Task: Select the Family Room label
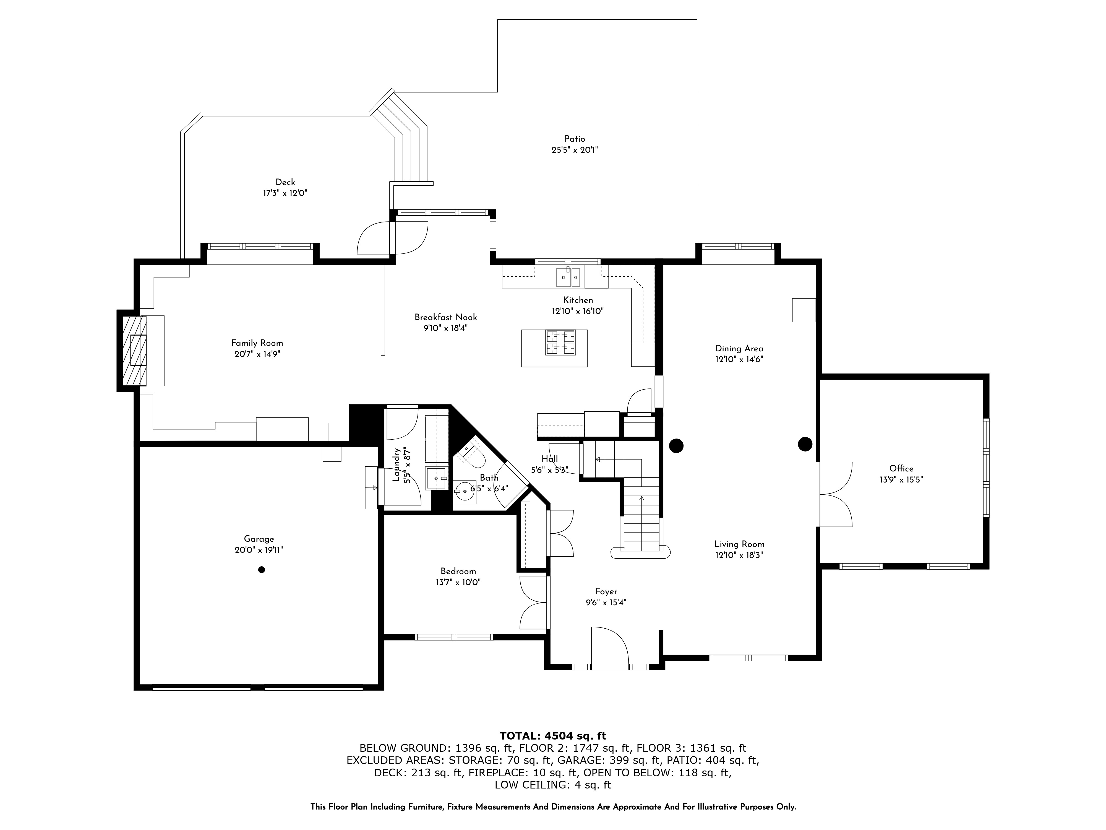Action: pyautogui.click(x=257, y=343)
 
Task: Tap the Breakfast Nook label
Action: pyautogui.click(x=445, y=317)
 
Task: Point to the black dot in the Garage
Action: pyautogui.click(x=261, y=569)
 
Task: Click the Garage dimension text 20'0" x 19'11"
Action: pyautogui.click(x=259, y=550)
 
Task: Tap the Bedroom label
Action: pyautogui.click(x=458, y=571)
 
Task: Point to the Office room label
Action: pyautogui.click(x=901, y=469)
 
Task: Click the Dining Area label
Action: pyautogui.click(x=739, y=349)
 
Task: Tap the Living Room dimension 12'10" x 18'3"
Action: pyautogui.click(x=739, y=555)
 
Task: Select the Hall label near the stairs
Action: pyautogui.click(x=549, y=459)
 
